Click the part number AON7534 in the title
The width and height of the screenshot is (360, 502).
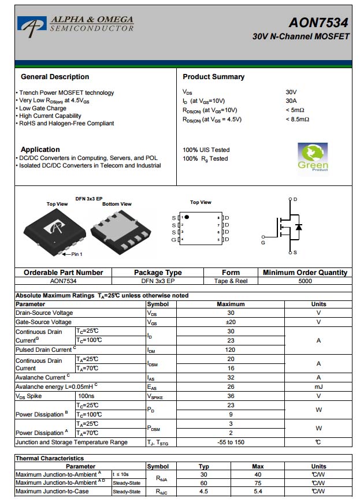318,23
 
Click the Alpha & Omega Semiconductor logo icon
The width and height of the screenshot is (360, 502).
32,24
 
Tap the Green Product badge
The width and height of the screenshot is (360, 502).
313,158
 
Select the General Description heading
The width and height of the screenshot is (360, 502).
55,77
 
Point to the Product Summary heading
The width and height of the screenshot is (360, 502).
213,77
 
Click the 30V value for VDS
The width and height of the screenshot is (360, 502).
291,92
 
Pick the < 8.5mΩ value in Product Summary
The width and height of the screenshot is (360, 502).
298,120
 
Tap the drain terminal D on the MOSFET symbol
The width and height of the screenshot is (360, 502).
295,199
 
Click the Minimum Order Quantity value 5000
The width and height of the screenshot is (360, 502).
305,281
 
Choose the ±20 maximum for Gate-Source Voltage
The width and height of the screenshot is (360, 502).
231,322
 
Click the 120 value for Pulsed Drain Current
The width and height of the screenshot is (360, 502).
231,349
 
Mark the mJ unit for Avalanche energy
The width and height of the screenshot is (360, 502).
318,386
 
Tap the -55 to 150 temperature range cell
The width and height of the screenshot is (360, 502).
231,442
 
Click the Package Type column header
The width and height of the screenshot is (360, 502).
158,273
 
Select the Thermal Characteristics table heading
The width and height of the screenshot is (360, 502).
50,458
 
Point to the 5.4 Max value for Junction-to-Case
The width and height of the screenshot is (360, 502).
258,492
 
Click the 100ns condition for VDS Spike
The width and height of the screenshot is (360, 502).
86,396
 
